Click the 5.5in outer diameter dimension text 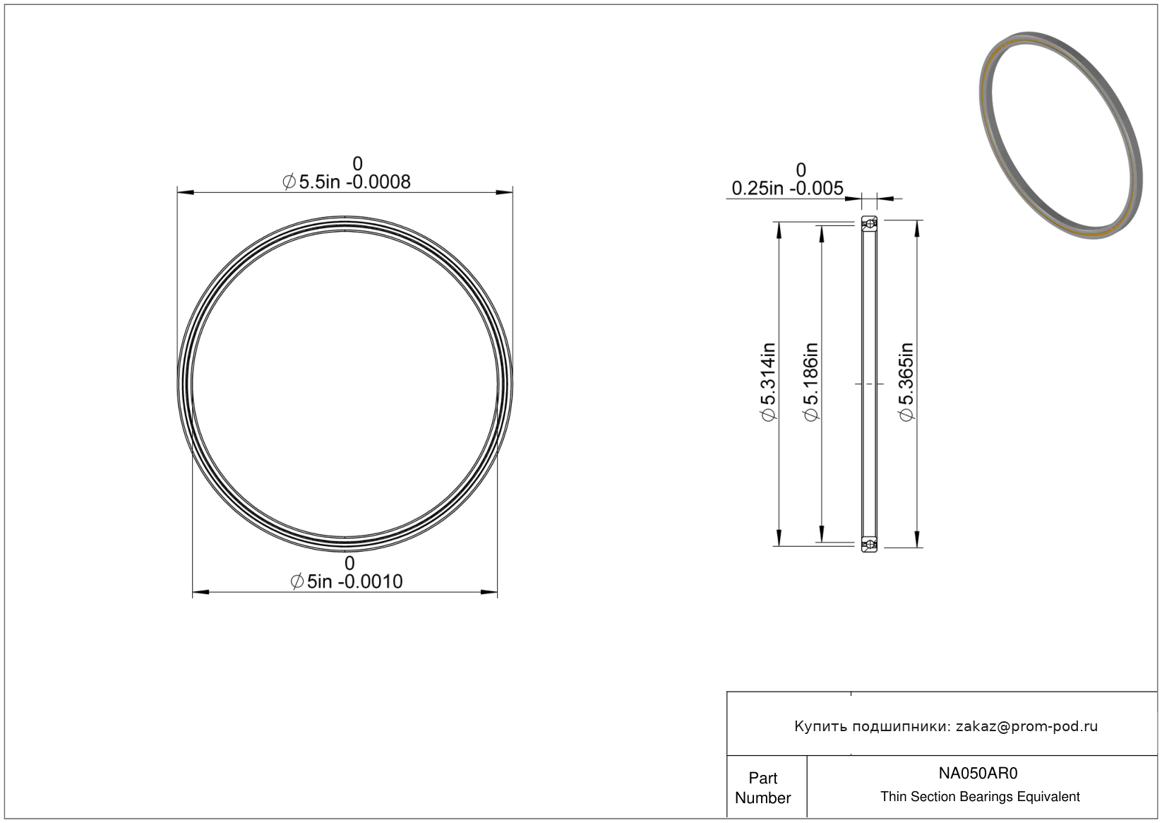(346, 182)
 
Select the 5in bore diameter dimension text (346, 581)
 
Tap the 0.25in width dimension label (787, 188)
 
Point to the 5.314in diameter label (768, 381)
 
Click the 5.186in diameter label (810, 381)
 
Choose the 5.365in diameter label (906, 381)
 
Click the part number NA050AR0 (978, 773)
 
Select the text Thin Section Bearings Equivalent (980, 796)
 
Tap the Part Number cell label (762, 788)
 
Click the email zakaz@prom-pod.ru (1026, 726)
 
